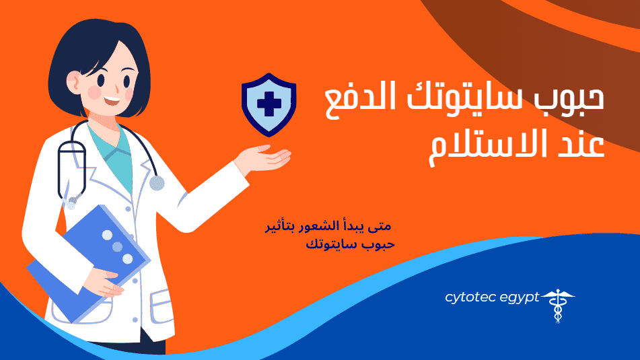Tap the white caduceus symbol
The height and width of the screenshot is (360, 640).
tap(558, 305)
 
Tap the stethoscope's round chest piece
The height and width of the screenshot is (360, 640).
tap(157, 183)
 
